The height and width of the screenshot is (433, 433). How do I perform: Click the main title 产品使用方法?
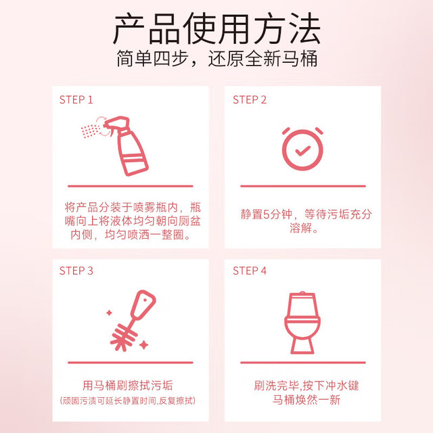[x=216, y=28]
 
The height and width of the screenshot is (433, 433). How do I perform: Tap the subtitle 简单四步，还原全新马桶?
[x=216, y=58]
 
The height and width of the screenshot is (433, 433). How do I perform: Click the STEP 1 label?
[x=76, y=99]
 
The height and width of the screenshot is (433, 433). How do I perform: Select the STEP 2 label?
[x=250, y=99]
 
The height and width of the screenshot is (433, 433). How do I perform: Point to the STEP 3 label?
[x=76, y=271]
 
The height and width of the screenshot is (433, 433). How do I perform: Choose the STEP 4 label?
[x=250, y=271]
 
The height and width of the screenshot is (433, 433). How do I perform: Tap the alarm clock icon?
[x=302, y=149]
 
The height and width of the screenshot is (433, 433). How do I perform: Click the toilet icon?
[x=302, y=323]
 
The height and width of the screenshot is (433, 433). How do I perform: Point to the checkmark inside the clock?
[x=302, y=150]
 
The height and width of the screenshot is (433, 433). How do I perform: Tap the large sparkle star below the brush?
[x=143, y=345]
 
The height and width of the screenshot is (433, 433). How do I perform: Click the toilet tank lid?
[x=302, y=294]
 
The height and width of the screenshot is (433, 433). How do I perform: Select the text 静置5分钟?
[x=267, y=214]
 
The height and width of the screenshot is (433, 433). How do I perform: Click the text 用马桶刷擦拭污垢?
[x=128, y=386]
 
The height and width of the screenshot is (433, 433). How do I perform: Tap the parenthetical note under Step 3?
[x=128, y=401]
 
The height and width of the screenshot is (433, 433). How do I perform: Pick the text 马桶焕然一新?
[x=306, y=400]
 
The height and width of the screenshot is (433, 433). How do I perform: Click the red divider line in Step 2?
[x=303, y=186]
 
